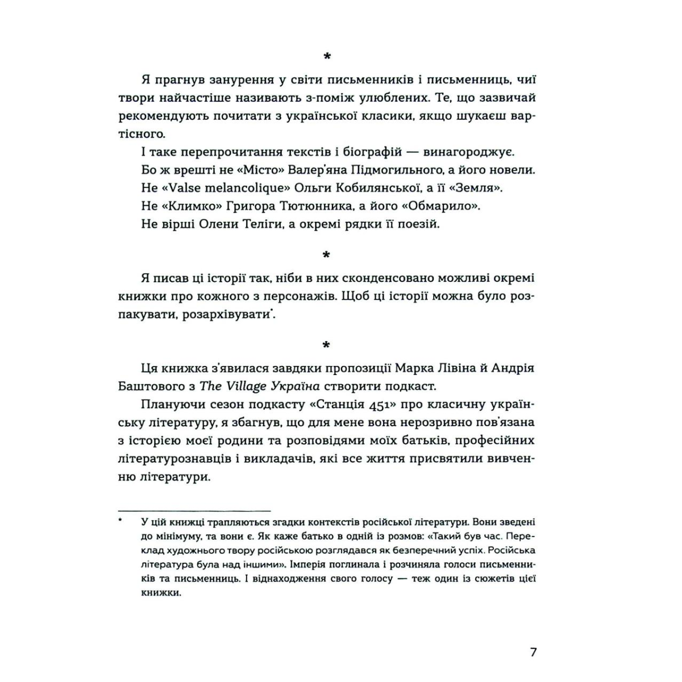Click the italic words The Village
coord(232,386)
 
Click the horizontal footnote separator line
coord(194,510)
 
